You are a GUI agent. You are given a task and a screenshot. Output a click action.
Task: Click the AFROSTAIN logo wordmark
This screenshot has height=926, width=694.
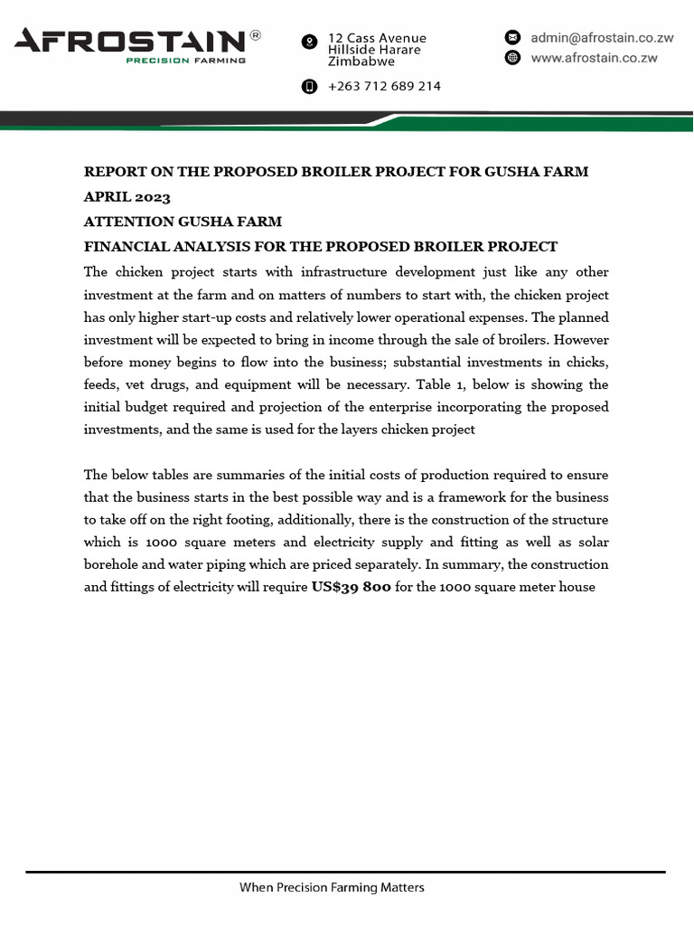(x=129, y=41)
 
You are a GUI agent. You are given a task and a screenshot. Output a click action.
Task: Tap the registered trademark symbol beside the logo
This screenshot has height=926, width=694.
(x=256, y=35)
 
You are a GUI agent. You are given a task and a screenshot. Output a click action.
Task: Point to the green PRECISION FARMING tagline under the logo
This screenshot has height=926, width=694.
(x=185, y=61)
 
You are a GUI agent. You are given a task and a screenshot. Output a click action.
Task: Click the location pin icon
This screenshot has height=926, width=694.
(x=309, y=42)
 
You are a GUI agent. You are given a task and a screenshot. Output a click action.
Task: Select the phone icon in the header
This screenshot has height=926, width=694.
(x=309, y=86)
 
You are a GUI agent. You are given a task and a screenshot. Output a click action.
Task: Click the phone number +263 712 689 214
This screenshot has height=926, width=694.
(x=384, y=86)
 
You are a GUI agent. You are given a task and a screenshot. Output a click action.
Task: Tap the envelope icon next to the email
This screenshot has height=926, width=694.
(x=512, y=37)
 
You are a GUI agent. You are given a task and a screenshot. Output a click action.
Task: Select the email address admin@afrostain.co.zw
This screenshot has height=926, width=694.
(x=602, y=37)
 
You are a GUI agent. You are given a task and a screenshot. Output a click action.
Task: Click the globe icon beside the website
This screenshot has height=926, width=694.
(x=512, y=58)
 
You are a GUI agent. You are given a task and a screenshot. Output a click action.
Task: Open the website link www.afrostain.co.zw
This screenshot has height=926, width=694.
(x=594, y=58)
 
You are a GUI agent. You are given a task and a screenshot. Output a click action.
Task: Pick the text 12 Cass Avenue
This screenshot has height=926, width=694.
(x=377, y=38)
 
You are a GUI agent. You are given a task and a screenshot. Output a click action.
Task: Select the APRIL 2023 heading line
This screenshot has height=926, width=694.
(x=127, y=196)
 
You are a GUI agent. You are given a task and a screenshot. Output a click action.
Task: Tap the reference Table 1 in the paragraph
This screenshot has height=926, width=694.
(x=441, y=384)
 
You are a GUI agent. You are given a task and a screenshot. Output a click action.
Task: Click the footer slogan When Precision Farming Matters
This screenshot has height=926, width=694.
(x=332, y=887)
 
